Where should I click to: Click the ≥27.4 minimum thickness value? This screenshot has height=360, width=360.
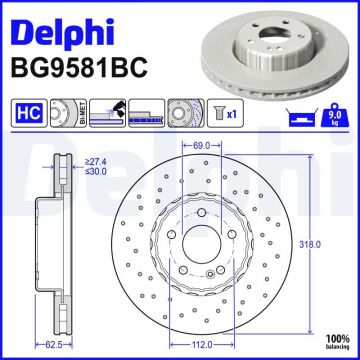coord(96,159)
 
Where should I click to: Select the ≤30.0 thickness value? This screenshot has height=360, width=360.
coord(96,170)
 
